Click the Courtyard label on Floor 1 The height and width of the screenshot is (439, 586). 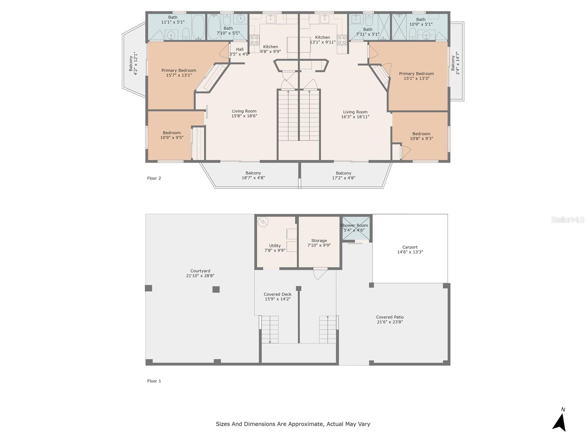200,273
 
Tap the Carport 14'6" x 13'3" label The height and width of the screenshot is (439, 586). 410,249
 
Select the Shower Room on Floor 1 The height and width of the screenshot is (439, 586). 354,228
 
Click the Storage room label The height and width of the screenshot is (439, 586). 319,243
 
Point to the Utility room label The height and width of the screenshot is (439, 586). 275,248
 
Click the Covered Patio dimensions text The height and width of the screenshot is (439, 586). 390,322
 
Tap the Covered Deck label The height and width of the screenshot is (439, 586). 278,296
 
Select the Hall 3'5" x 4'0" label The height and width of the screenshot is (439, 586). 240,52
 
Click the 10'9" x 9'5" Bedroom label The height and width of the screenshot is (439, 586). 172,135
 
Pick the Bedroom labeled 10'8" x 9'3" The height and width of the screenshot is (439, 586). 421,136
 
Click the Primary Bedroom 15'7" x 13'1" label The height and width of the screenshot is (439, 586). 179,73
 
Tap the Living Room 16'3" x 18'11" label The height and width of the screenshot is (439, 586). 355,115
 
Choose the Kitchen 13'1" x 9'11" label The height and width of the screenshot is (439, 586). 322,40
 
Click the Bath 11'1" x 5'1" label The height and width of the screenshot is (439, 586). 173,19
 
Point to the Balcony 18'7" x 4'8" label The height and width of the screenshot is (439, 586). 253,175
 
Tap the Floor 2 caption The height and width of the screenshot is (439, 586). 154,178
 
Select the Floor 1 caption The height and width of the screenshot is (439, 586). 154,381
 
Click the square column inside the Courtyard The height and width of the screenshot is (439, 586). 216,289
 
